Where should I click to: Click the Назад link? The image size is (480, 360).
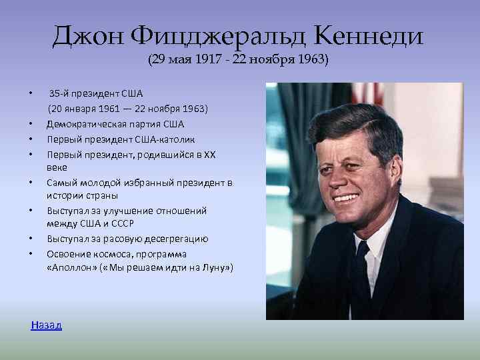(x=46, y=325)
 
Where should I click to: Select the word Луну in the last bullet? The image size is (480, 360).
(x=212, y=268)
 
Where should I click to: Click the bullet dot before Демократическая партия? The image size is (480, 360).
(x=31, y=124)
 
